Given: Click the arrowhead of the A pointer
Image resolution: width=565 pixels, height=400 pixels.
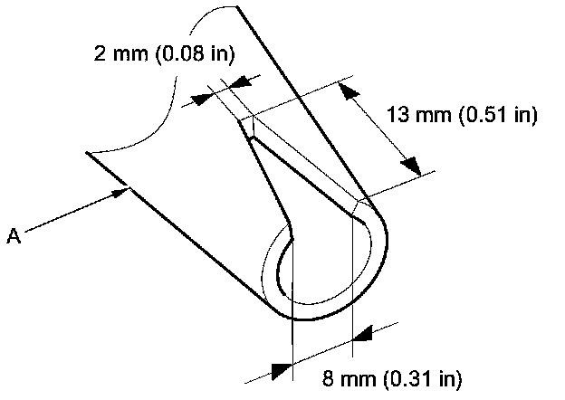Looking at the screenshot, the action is point(124,191).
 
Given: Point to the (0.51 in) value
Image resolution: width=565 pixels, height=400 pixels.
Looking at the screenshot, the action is point(499,116).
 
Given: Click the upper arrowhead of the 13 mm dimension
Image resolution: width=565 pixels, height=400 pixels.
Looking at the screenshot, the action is point(346,90).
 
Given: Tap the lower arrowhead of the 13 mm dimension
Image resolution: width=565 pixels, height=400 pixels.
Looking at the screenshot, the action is point(410,166).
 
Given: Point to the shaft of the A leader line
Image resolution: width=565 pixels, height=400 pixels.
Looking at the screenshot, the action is point(72,214).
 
